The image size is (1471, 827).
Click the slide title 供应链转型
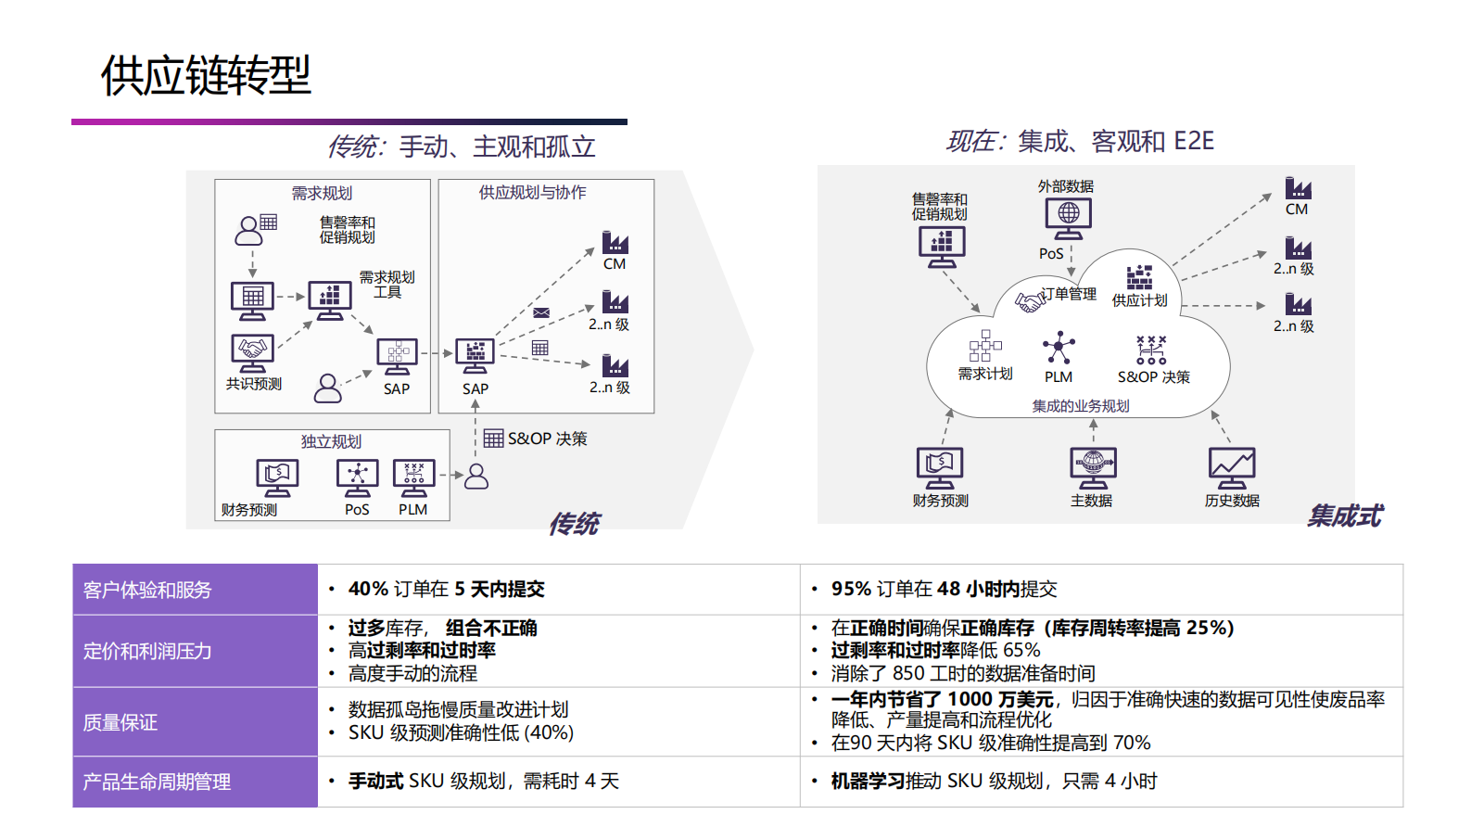tap(205, 75)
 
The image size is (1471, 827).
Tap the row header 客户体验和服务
tap(147, 590)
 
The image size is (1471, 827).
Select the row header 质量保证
tap(120, 722)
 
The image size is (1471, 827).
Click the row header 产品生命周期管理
tap(157, 782)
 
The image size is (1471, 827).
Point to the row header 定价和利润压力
tap(147, 651)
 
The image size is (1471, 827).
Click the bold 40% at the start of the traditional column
tap(368, 589)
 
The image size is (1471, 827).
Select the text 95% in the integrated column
tap(851, 589)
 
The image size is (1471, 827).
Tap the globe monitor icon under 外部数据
tap(1068, 217)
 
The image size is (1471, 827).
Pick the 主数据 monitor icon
tap(1093, 467)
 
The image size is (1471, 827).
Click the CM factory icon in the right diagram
tap(1298, 189)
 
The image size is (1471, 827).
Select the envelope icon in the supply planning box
tap(541, 312)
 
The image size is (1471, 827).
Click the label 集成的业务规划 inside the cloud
tap(1081, 406)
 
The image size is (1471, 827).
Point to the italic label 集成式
tap(1344, 515)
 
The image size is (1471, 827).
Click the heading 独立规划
tap(331, 441)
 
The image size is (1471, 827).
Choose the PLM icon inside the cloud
tap(1059, 350)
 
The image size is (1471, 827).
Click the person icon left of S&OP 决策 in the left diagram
tap(476, 477)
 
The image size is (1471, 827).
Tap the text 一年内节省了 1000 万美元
tap(942, 699)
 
